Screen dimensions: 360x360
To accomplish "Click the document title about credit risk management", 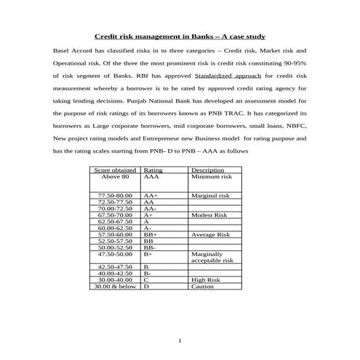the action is click(x=180, y=36).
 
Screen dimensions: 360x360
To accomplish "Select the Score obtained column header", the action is click(x=115, y=169).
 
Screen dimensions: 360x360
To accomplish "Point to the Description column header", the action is click(x=207, y=169).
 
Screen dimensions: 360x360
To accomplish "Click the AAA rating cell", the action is click(x=151, y=177).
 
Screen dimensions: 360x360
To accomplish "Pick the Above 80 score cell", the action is click(x=115, y=177).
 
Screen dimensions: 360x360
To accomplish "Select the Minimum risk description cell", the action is click(x=212, y=177).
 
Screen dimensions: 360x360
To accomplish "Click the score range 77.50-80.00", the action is click(x=115, y=196).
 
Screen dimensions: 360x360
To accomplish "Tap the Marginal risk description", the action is click(x=210, y=196).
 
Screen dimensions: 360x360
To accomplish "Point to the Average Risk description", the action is click(x=210, y=235).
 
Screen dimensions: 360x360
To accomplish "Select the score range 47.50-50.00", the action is click(x=115, y=255).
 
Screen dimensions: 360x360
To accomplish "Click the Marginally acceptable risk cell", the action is click(x=212, y=257).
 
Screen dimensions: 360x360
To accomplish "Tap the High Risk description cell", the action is click(x=206, y=280).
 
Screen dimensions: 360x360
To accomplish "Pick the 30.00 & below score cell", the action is click(x=115, y=287).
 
